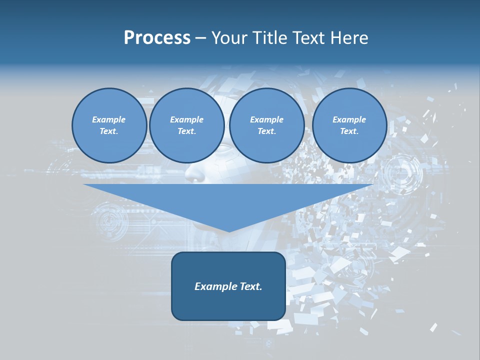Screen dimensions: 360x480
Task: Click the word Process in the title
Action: coord(157,38)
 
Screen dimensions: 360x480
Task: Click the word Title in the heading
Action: coord(271,38)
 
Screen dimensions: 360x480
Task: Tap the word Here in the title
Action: coord(348,38)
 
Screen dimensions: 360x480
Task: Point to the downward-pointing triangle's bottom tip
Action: coord(229,231)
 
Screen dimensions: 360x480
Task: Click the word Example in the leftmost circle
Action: coord(109,119)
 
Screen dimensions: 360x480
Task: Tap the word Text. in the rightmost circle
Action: coord(349,131)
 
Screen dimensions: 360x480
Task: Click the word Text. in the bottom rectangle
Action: coord(250,286)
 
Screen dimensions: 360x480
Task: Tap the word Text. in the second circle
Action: coord(186,131)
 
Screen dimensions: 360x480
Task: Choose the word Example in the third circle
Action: coord(266,119)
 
